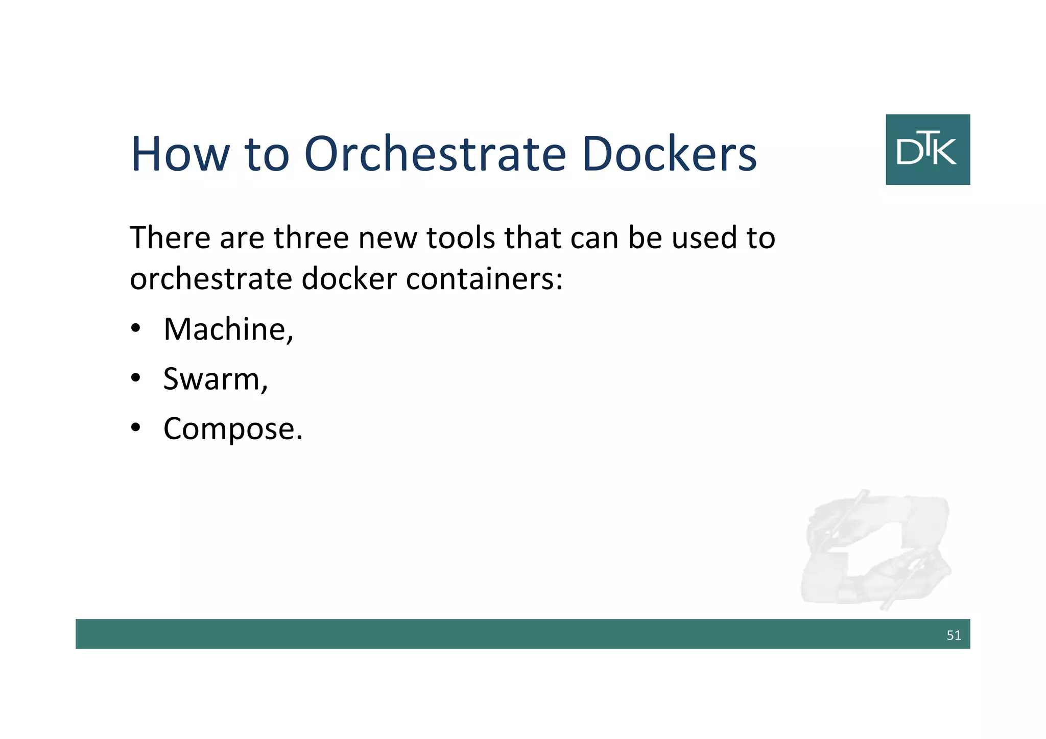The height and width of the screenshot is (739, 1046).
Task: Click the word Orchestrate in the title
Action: point(435,154)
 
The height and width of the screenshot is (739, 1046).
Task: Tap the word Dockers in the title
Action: point(669,154)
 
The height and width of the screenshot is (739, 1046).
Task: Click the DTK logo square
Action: point(928,149)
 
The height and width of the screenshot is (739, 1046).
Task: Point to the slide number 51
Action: point(954,635)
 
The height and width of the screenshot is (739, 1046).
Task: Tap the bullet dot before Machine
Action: point(135,328)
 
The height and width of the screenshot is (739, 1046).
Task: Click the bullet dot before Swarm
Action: point(135,378)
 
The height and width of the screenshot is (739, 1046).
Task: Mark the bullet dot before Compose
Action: point(135,427)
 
